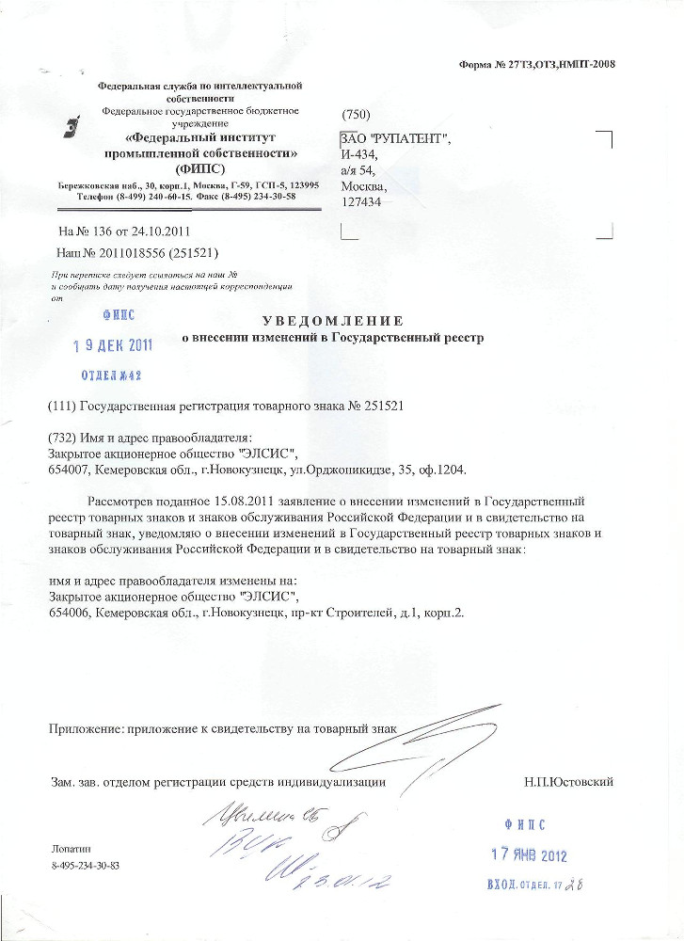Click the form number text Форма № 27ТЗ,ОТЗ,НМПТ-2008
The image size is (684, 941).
pos(536,64)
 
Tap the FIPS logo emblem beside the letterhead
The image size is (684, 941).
pos(71,129)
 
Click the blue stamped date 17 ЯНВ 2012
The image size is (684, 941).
pos(529,855)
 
